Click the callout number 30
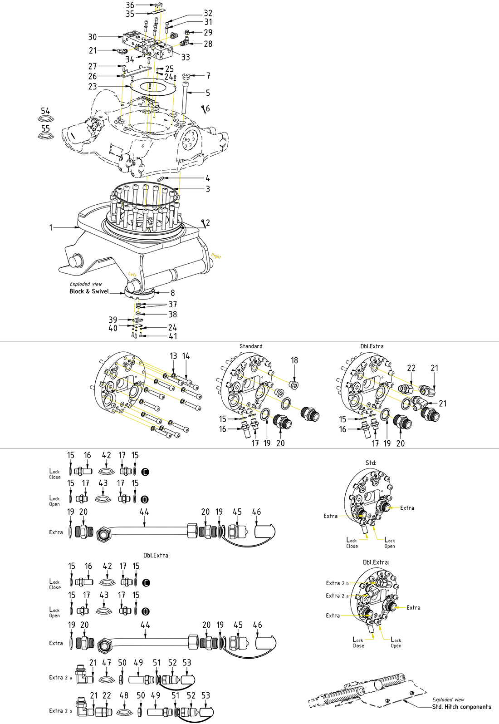point(93,37)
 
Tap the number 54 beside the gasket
point(45,111)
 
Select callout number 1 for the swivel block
point(51,227)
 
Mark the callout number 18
point(294,360)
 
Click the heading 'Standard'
point(251,346)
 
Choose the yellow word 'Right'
point(216,256)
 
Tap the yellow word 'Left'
point(132,275)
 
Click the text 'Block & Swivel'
point(89,291)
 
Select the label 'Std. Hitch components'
point(461,707)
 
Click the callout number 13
point(173,356)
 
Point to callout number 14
point(186,356)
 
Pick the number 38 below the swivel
point(172,314)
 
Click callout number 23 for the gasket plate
point(93,86)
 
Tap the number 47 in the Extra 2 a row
point(107,663)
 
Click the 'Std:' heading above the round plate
point(371,463)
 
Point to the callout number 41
point(173,336)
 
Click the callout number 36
point(130,5)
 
